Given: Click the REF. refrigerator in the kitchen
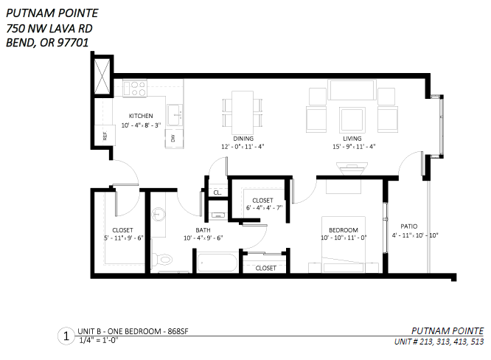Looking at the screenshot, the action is coord(105,135).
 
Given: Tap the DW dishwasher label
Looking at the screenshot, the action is coord(173,138).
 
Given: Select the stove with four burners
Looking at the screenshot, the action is coord(135,88).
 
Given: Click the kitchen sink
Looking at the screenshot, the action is coord(175,115).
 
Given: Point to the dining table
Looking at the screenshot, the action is coord(243,113).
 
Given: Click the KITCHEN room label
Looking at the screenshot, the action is coord(141,116).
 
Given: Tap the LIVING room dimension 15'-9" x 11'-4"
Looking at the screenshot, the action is coord(354,146).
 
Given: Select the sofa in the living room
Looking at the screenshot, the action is coord(352,90).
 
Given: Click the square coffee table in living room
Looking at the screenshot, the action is coord(352,120).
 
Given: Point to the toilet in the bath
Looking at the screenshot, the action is coord(162,259).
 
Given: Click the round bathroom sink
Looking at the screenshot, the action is coord(159,215).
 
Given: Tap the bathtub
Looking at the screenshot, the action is coord(217,263).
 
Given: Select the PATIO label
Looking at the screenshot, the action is coord(409,226).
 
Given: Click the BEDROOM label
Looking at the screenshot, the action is coord(344,230).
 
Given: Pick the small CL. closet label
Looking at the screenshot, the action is coord(217,193).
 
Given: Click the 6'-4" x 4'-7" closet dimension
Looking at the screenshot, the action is coord(264,208).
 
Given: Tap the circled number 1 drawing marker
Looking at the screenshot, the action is coord(66,336).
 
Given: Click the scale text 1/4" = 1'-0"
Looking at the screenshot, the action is coord(99,340).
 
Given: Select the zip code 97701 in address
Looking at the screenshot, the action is coord(73,43).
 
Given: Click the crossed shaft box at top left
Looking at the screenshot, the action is coord(102,76).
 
